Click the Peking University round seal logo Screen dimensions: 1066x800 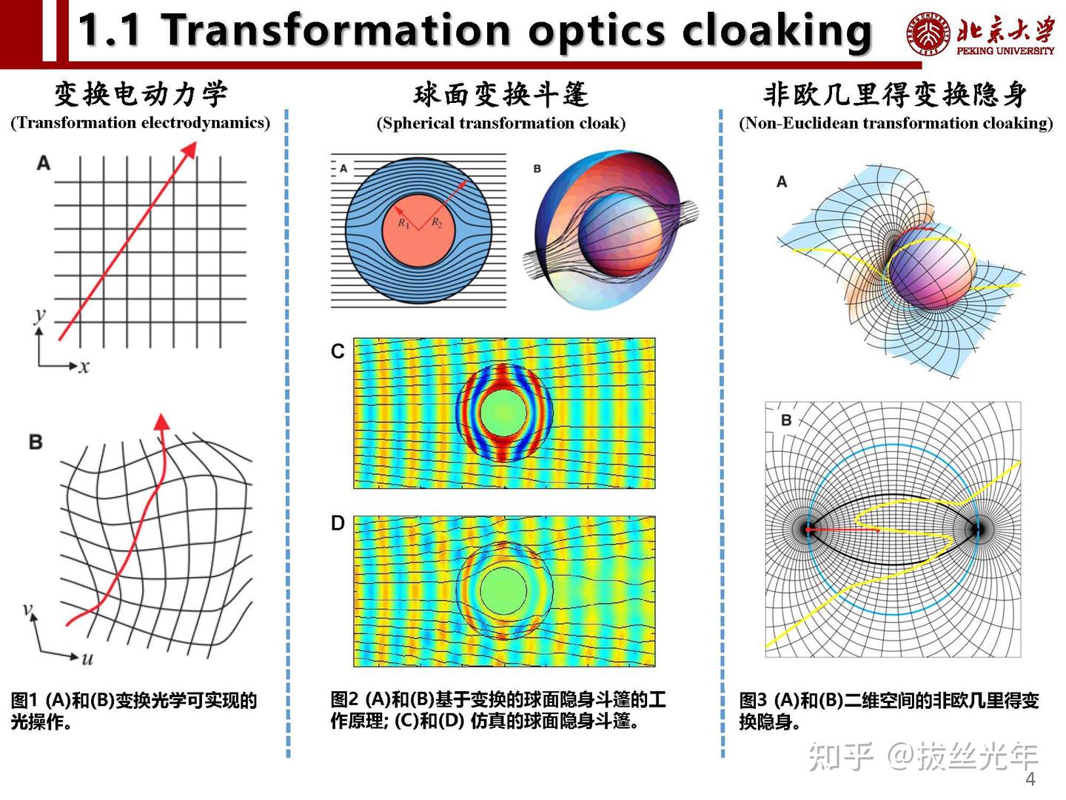928,34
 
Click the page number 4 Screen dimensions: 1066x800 1030,779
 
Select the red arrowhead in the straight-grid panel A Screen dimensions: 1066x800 190,150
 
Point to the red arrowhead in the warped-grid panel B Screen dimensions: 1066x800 161,422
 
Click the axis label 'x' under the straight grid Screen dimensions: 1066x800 84,367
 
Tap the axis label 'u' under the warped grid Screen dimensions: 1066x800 87,659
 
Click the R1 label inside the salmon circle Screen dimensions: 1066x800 404,223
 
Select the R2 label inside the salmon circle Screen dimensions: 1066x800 437,223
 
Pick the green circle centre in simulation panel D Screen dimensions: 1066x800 503,590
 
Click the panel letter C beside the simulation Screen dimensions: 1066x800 338,351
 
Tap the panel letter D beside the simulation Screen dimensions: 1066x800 338,523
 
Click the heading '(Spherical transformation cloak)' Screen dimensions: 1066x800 501,123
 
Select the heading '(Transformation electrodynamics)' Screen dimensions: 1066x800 141,122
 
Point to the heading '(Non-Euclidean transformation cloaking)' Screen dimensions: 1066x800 896,123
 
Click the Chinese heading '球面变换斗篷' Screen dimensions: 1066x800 501,94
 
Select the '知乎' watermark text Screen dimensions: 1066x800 841,756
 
